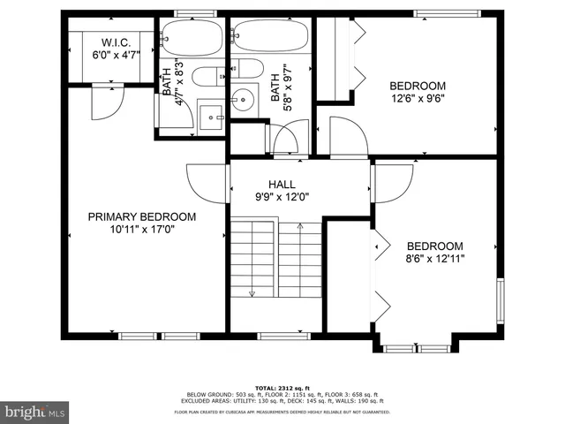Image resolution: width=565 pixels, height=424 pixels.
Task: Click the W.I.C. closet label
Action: click(116, 42)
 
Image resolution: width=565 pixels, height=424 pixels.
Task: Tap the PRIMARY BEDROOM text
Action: click(141, 216)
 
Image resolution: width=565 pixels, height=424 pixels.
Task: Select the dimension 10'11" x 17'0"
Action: click(141, 231)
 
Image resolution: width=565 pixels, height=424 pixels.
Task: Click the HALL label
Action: click(282, 184)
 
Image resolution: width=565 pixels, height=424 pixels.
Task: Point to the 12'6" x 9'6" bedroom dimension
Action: click(418, 100)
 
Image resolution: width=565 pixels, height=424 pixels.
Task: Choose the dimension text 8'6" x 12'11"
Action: click(434, 259)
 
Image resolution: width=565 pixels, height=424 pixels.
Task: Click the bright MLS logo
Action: click(34, 412)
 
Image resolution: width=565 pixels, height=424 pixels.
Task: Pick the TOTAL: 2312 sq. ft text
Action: click(282, 387)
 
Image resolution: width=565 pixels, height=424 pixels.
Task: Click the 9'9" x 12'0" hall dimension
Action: click(282, 197)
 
